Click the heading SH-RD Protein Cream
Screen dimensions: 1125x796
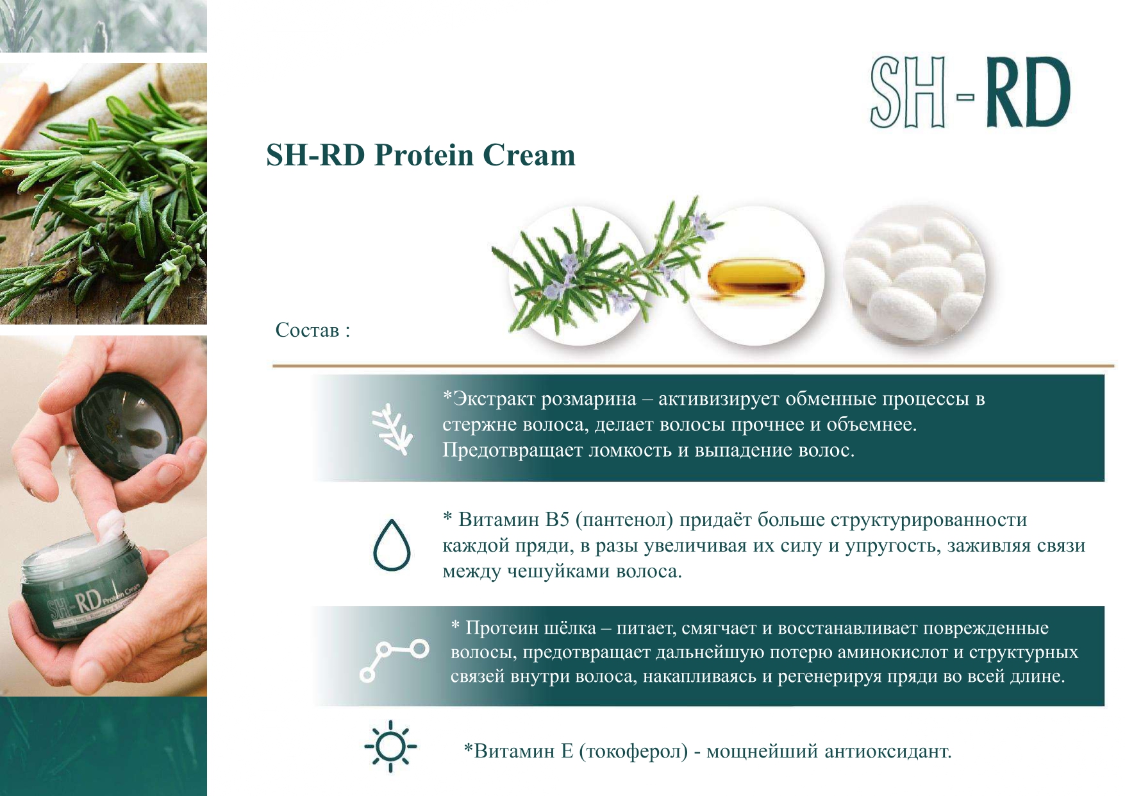coord(421,155)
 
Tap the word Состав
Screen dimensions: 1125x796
coord(307,330)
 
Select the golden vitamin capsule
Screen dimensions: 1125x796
coord(756,278)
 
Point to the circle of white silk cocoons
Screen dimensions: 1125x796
coord(915,275)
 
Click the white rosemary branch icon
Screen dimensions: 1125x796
coord(392,429)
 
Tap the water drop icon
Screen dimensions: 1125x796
coord(392,545)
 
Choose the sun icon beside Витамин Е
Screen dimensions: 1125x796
coord(390,746)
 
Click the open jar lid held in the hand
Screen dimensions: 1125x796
coord(128,423)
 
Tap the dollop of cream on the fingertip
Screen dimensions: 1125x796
coord(112,525)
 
